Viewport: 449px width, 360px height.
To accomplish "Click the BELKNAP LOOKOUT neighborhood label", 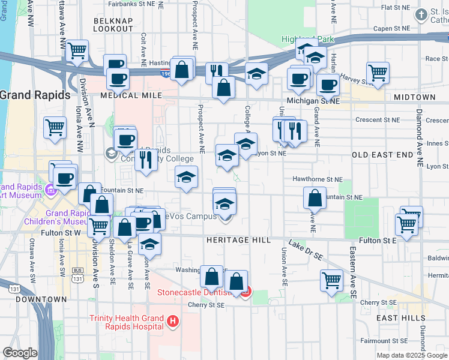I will tap(113, 25).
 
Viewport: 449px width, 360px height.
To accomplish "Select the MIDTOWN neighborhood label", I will tap(412, 97).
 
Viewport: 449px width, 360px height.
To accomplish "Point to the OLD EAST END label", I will tap(382, 155).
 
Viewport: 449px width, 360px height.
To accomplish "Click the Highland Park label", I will tap(307, 40).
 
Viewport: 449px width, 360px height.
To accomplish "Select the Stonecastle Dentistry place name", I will tap(194, 293).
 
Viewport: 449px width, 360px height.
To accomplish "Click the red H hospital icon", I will tap(173, 322).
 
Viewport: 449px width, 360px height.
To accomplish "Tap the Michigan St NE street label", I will tap(313, 101).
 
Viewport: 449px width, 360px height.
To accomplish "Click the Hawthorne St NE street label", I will tap(317, 179).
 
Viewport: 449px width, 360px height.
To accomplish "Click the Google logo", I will tap(20, 353).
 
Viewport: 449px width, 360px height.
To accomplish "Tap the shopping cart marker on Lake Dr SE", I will tap(332, 280).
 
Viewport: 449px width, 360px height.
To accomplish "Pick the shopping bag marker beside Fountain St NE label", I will tap(315, 197).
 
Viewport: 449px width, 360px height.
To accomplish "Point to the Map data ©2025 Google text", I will tap(411, 355).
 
